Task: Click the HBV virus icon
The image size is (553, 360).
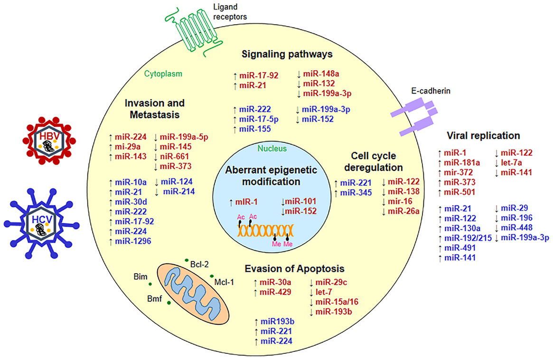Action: [x=49, y=141]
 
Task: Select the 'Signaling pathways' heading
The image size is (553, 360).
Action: [x=287, y=54]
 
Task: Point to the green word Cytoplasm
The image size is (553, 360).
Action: [x=163, y=74]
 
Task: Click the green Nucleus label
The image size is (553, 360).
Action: [x=272, y=148]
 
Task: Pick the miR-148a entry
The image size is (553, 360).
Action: [x=321, y=74]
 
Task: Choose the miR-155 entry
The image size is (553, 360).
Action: [x=255, y=129]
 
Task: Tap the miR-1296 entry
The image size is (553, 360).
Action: [x=133, y=241]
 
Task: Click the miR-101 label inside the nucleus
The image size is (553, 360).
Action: [x=300, y=202]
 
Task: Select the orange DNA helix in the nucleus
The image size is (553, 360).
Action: [x=265, y=231]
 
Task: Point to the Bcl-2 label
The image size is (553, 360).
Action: [x=199, y=264]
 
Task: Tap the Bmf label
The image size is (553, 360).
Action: [x=154, y=299]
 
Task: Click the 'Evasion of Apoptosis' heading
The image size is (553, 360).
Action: [x=294, y=269]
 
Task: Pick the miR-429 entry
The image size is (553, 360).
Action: [x=275, y=292]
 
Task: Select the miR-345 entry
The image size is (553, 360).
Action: [x=356, y=193]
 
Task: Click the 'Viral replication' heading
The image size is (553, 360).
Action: [x=483, y=136]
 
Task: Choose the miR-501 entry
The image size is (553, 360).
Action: [x=459, y=192]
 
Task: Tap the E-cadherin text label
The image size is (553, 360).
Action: [x=431, y=91]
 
